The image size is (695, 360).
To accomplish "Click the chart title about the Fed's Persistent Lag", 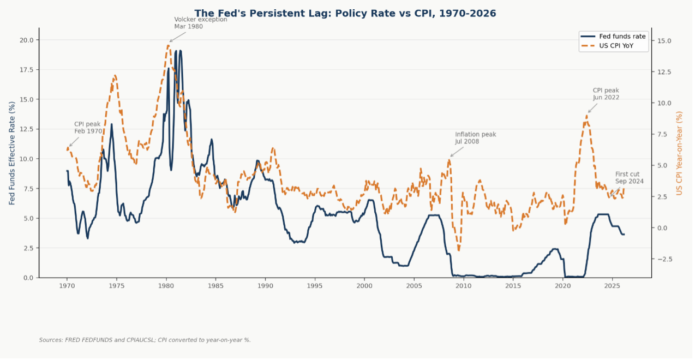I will point(345,14).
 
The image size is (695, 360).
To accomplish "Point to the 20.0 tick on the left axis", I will point(26,40).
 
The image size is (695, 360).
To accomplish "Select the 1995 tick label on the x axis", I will point(314,286).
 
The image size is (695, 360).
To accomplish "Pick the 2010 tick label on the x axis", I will point(463,286).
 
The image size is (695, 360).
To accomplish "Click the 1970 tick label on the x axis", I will point(67,286).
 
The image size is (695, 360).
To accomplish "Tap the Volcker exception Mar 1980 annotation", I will point(200,23).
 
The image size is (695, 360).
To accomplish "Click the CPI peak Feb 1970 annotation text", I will point(88,128).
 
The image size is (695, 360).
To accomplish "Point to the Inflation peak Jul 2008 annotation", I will point(475,138).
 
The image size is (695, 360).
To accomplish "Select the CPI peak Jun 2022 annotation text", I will point(606,94).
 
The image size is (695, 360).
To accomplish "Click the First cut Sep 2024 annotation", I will point(629,178).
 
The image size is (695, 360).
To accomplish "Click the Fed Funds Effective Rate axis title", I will point(12,153).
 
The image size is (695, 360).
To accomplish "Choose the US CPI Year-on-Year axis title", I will point(679,153).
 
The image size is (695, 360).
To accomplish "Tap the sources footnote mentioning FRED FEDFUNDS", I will point(145,340).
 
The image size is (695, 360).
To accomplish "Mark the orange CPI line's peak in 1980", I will point(169,45).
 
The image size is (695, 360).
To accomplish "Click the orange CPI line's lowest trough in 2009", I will point(459,250).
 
